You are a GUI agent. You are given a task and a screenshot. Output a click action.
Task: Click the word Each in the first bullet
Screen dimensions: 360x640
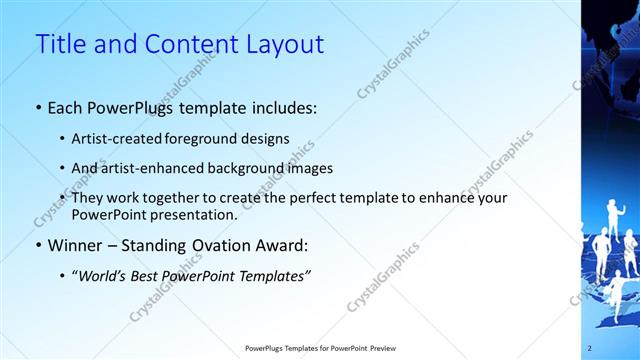[66, 108]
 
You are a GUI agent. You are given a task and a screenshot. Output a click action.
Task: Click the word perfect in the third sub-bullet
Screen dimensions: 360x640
[304, 198]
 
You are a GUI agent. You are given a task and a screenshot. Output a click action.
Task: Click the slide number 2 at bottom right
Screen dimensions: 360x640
[590, 348]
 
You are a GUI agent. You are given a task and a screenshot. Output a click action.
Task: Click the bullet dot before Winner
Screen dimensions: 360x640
[38, 245]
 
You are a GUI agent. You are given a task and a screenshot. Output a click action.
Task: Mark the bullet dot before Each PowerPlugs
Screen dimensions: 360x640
[38, 108]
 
